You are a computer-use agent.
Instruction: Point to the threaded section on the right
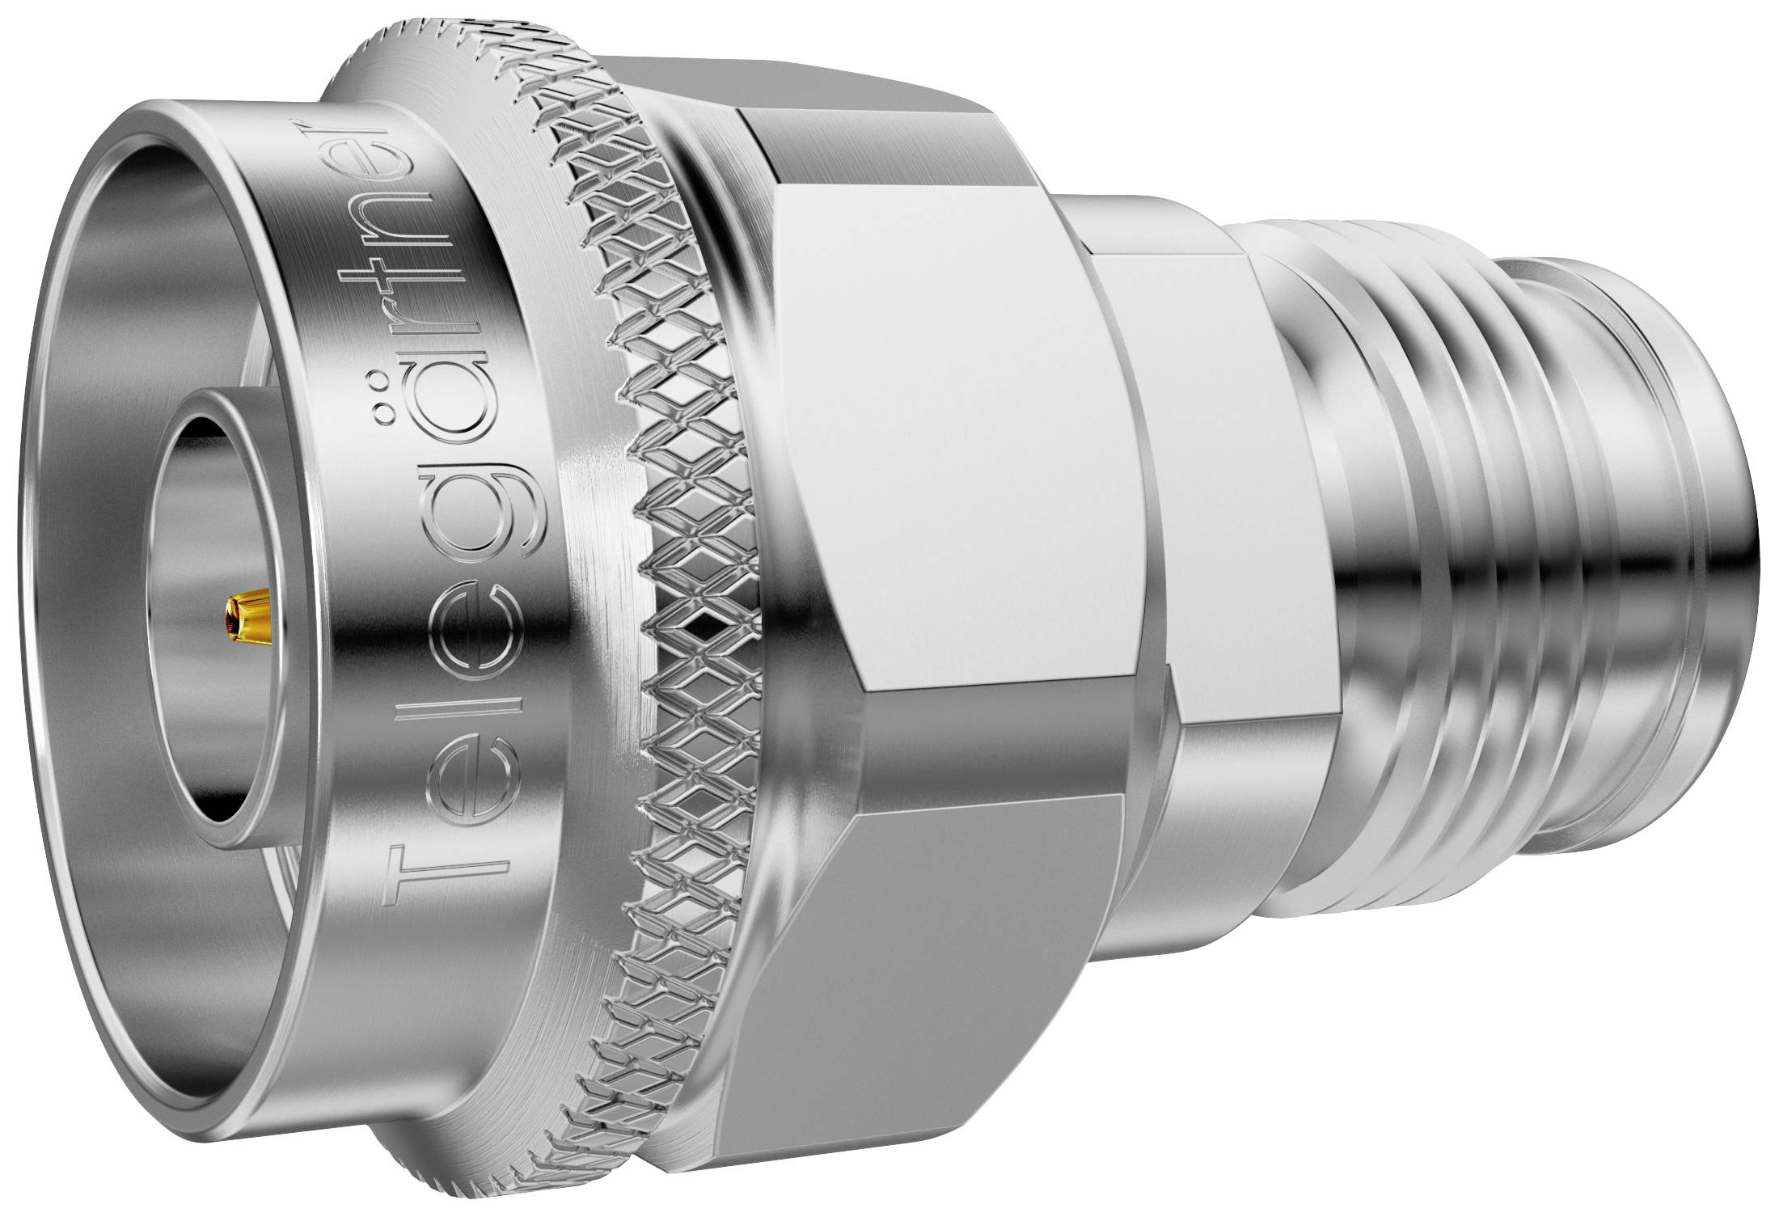[x=1456, y=566]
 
